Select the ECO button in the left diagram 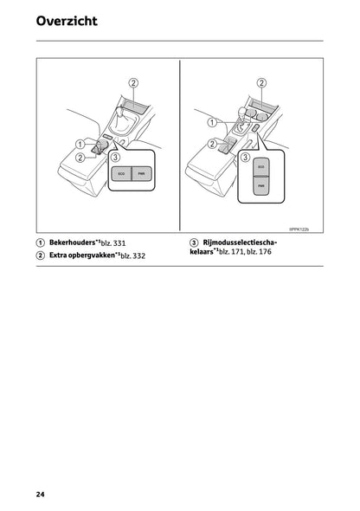pos(120,175)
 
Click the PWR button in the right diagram pos(260,183)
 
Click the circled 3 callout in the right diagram pos(245,158)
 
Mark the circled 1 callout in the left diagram pos(79,144)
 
